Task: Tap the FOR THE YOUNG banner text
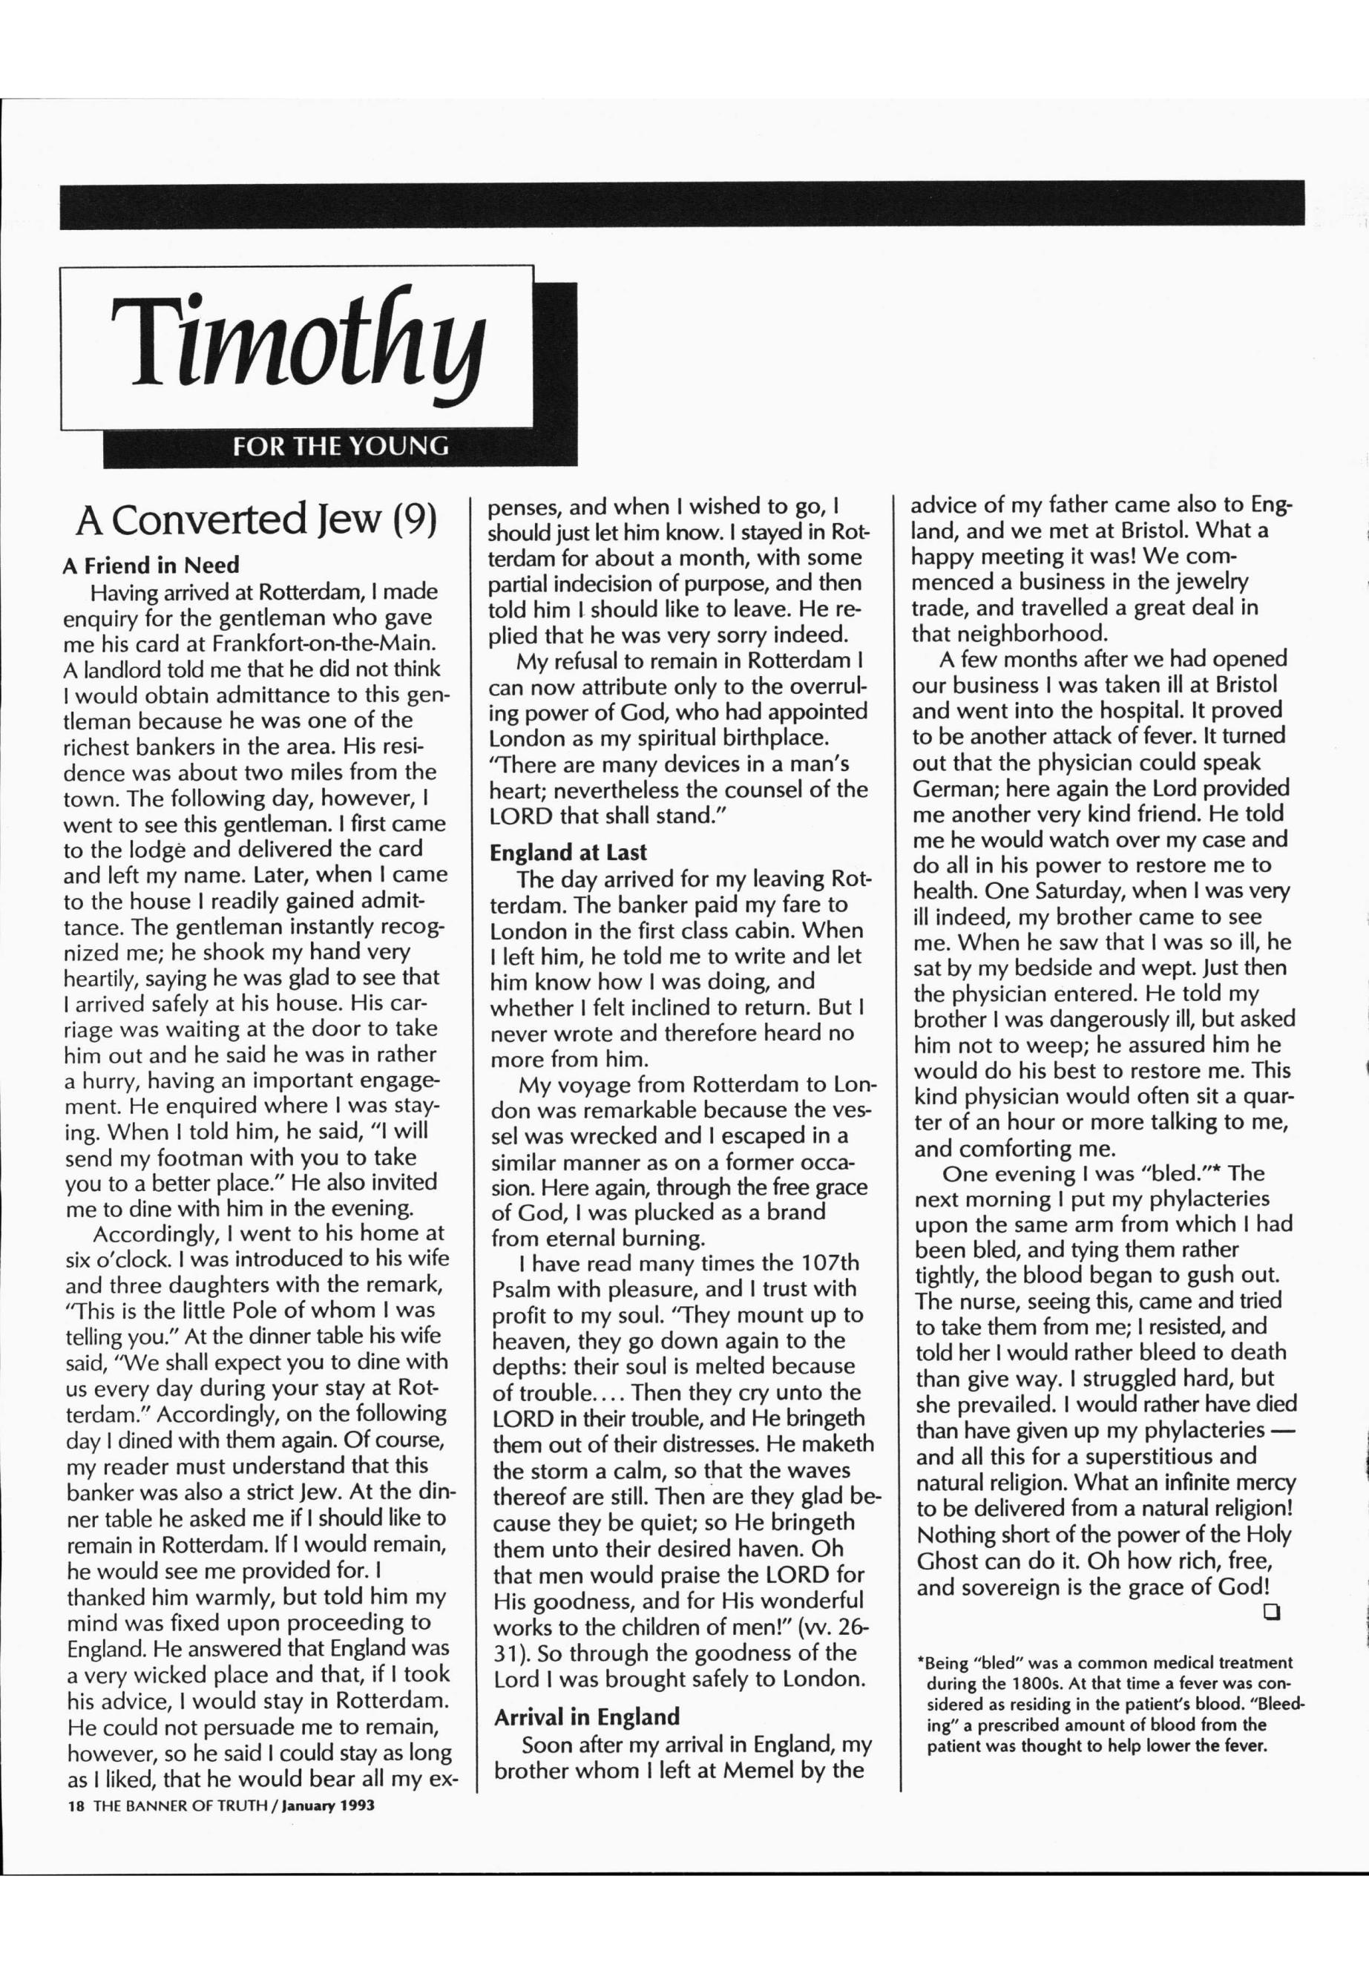coord(341,447)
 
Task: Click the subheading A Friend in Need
coord(151,565)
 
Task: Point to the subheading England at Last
coord(568,853)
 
